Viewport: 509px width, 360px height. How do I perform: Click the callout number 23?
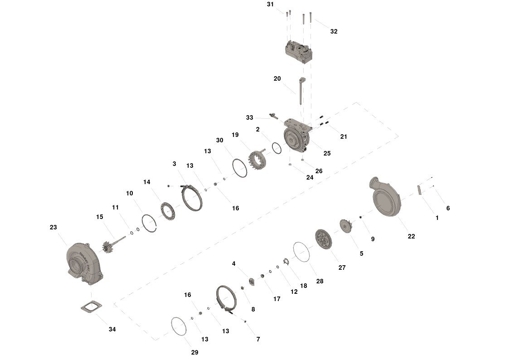(53, 227)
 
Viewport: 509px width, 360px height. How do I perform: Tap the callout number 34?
(112, 329)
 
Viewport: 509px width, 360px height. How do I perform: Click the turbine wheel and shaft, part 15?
(114, 244)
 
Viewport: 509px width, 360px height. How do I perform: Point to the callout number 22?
(411, 236)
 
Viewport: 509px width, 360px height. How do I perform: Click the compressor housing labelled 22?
(385, 196)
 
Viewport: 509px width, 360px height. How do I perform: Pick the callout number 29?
(194, 352)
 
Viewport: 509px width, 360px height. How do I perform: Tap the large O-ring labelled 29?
(179, 326)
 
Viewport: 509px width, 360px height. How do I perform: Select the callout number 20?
(277, 78)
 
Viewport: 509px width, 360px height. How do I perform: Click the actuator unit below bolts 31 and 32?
(299, 52)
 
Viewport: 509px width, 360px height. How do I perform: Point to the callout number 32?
(334, 31)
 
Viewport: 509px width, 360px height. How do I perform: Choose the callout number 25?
(327, 153)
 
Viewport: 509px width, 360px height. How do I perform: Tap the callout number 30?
(219, 140)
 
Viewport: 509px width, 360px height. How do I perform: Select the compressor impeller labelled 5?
(346, 226)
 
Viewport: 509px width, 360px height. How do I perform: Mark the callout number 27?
(342, 268)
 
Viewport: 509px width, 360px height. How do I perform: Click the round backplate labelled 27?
(324, 239)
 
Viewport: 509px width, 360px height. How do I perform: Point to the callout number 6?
(448, 208)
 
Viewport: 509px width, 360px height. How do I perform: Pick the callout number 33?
(249, 117)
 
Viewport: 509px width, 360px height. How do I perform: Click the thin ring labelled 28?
(301, 252)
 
